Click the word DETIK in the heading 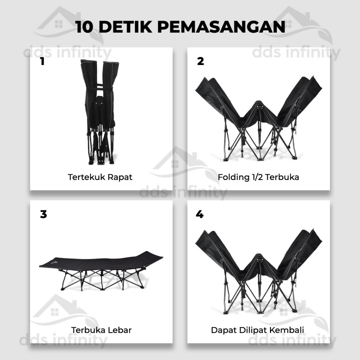tap(126, 27)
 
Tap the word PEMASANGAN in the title tap(221, 27)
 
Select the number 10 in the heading tap(84, 27)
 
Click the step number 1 tap(42, 61)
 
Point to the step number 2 tap(200, 61)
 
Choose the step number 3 tap(43, 214)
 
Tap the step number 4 tap(200, 214)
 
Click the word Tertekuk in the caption tap(86, 177)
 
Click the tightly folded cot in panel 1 tap(100, 112)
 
